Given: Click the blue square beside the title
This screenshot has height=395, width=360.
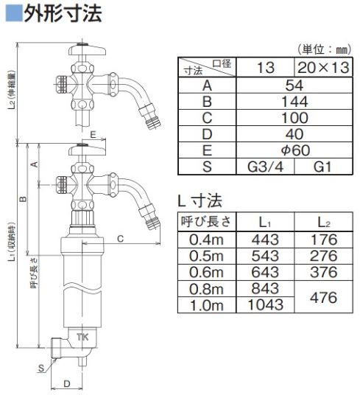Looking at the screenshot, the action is pos(14,13).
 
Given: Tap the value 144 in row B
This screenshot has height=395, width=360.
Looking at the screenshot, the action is pos(294,102).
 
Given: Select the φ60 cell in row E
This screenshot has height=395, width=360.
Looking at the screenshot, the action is pos(294,150).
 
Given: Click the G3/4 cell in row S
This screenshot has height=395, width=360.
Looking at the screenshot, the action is pos(266,167).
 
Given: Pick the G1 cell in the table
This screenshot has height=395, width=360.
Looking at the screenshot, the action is pos(323,167).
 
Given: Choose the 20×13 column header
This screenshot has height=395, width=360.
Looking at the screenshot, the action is pos(323,68).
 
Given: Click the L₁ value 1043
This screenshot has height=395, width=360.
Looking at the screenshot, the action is pos(266,304).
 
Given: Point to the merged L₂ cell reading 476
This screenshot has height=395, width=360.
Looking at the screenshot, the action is pos(323,297).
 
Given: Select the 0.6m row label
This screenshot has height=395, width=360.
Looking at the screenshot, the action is pos(206,273).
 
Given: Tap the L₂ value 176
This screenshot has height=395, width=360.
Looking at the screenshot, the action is pos(324,240).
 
